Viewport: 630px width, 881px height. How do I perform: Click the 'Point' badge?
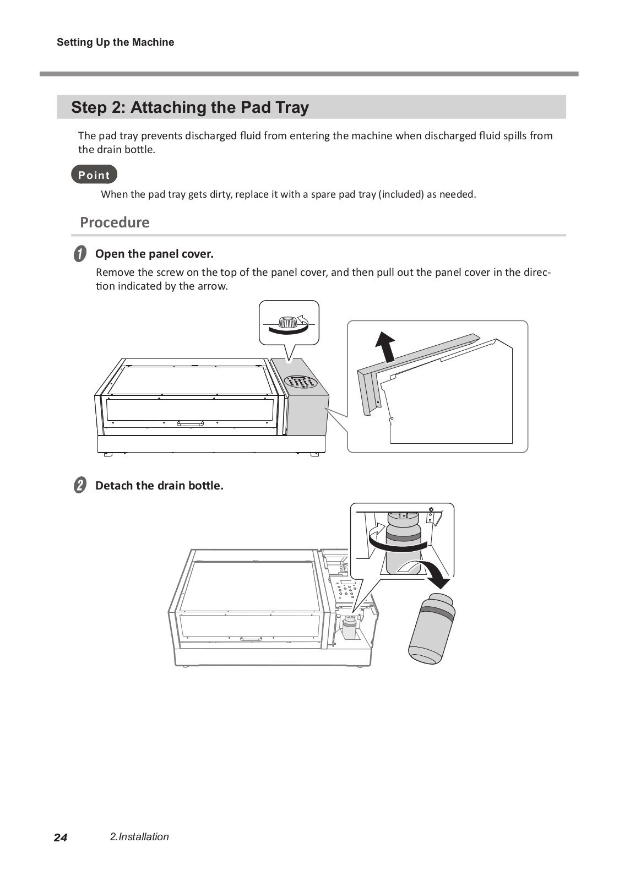pos(94,175)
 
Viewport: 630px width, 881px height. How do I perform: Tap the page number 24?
pos(61,838)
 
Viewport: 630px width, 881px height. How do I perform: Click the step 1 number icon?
pos(80,254)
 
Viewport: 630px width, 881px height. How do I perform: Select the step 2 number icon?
pos(80,486)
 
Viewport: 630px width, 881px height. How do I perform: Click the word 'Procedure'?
pos(115,222)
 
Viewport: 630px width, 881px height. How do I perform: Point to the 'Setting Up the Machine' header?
pos(115,42)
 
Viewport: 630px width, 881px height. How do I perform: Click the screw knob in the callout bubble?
pos(287,322)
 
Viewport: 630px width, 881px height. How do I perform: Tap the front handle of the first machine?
pos(191,423)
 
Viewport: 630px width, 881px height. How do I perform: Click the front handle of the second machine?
pos(252,639)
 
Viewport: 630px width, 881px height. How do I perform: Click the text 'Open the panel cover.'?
pos(154,254)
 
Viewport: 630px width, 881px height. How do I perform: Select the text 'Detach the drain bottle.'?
pos(159,486)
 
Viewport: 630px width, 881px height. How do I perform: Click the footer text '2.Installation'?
pos(139,837)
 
